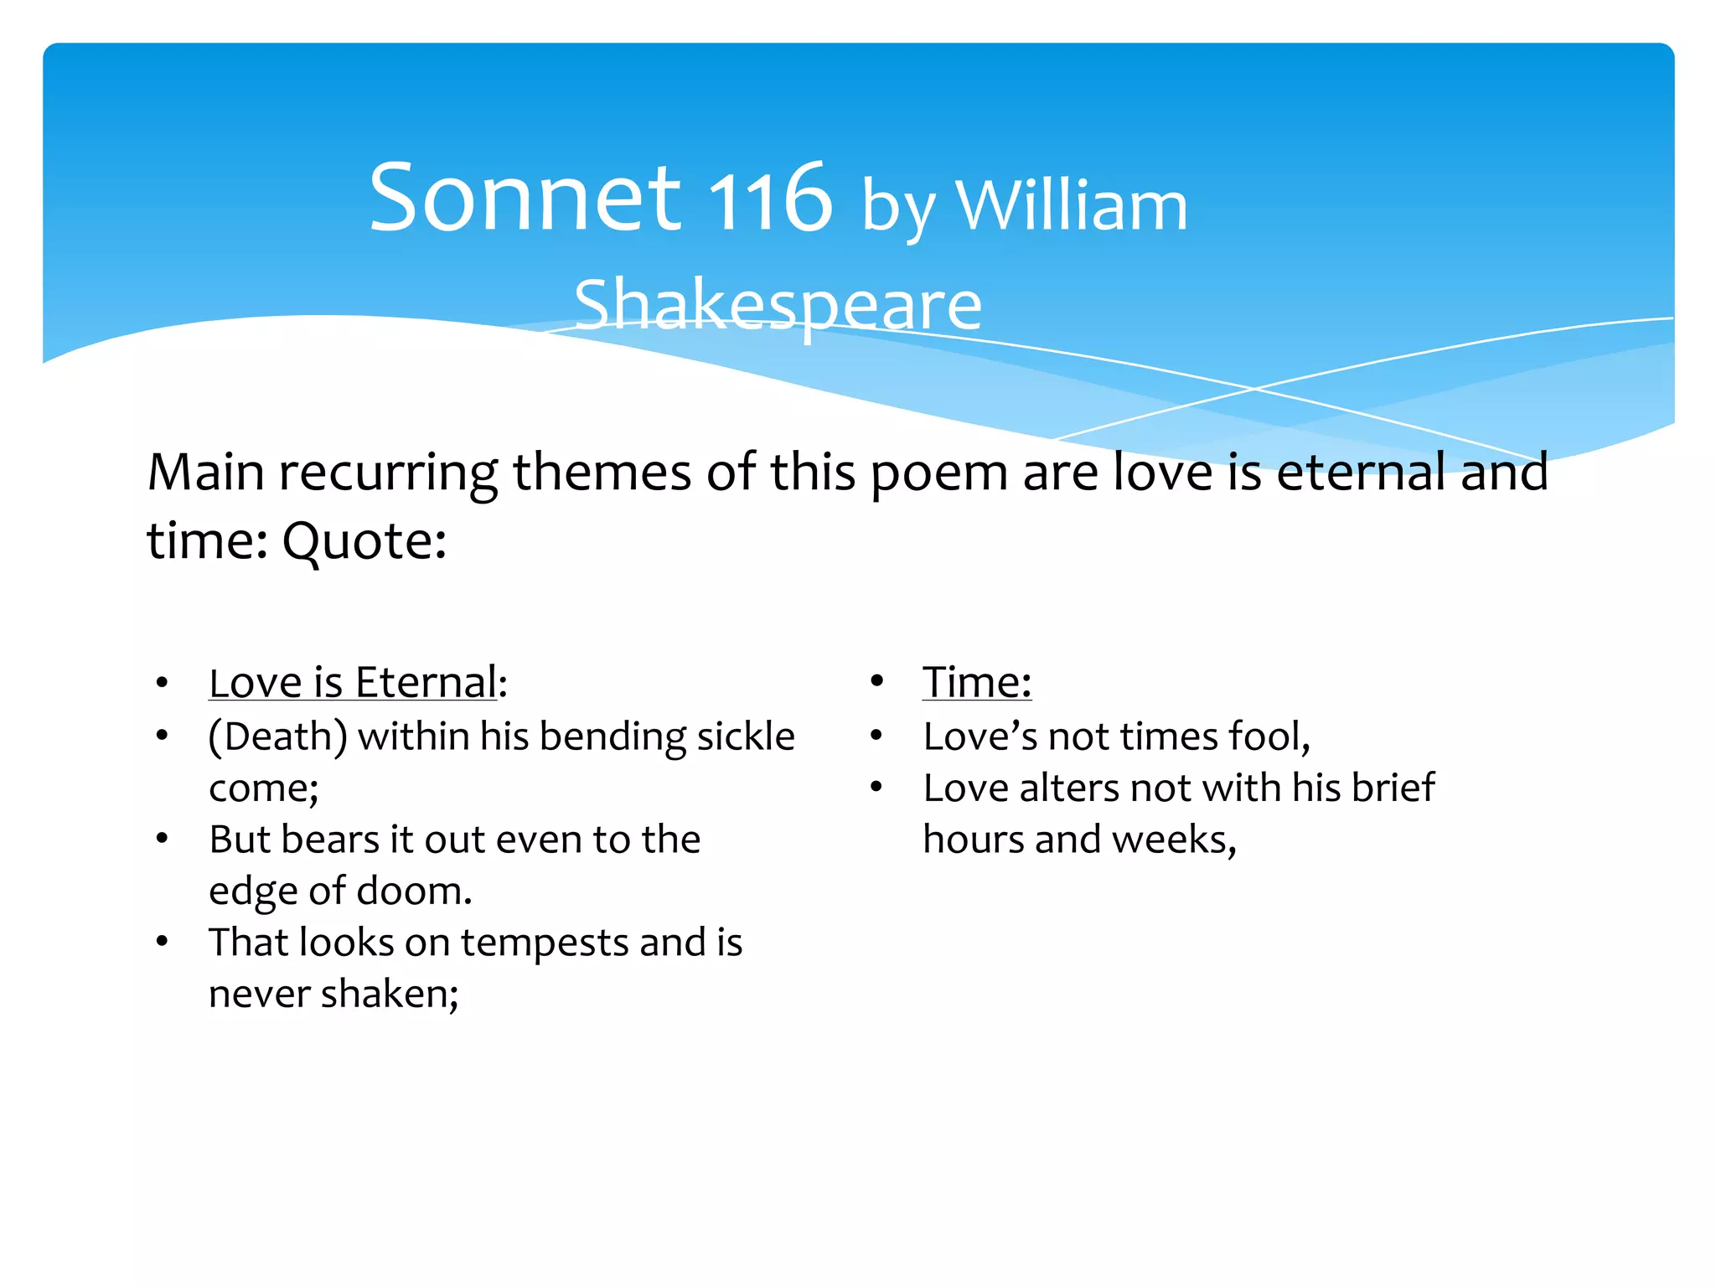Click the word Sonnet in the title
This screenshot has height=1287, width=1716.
click(x=525, y=199)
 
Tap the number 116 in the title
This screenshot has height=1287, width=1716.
click(x=770, y=199)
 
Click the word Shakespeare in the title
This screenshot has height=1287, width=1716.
click(x=778, y=306)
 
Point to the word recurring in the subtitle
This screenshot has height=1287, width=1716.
click(x=388, y=473)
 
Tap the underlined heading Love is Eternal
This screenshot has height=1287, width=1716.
click(x=353, y=683)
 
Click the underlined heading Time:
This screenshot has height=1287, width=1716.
click(x=977, y=682)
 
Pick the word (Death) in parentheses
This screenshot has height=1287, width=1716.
click(x=278, y=737)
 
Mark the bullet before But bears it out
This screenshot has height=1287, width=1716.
click(x=163, y=839)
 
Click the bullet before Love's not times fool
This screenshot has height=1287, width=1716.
click(x=876, y=737)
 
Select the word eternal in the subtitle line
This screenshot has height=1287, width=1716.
click(x=1362, y=472)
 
